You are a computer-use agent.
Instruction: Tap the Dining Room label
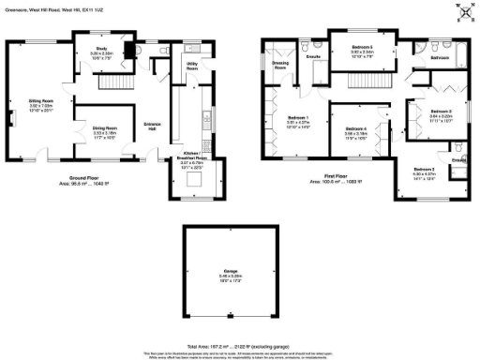[104, 128]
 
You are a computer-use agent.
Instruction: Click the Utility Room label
[192, 65]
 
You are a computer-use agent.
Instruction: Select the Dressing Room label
[279, 65]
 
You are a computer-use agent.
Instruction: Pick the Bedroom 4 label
[354, 128]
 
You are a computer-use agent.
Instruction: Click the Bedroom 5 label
[362, 46]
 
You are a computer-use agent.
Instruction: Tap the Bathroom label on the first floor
[439, 58]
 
